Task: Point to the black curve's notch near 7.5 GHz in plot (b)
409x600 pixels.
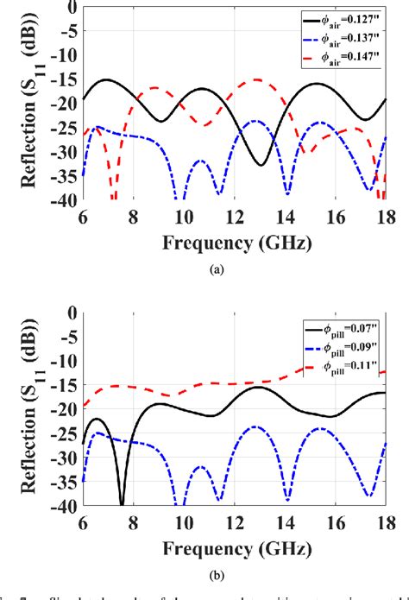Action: tap(121, 502)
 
